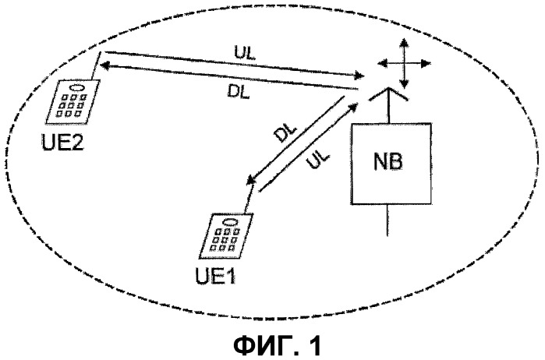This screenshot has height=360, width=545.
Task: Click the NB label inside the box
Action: point(388,162)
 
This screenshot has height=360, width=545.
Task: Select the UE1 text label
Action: point(216,275)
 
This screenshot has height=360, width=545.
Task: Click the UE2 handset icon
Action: point(73,102)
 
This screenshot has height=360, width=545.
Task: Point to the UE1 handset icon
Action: point(226,236)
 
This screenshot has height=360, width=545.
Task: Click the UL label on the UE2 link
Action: point(244,53)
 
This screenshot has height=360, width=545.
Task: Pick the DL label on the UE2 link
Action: point(239,91)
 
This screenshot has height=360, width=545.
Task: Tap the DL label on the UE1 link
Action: point(285,132)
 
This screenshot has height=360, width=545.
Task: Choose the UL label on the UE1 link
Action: point(317,159)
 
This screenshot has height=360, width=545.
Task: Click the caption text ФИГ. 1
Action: point(278,345)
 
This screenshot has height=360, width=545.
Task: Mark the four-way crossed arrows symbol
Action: point(404,63)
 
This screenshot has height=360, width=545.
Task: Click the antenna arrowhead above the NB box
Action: point(388,94)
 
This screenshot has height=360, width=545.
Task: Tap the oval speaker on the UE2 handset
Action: point(76,87)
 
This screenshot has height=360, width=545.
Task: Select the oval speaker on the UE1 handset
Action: point(230,221)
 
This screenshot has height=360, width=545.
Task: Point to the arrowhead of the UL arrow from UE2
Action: point(359,75)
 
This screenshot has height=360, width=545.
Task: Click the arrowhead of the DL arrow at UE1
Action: point(251,179)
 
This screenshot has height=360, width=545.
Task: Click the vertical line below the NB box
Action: point(388,220)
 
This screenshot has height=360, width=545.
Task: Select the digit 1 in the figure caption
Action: point(315,345)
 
